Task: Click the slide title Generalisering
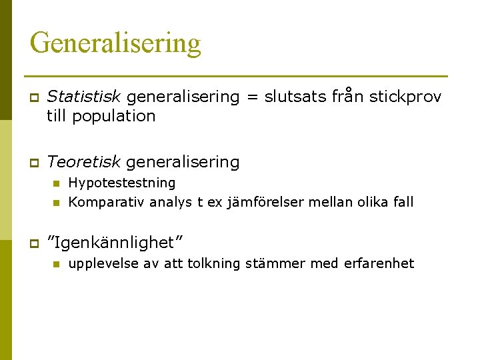point(115,43)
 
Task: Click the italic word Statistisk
point(85,97)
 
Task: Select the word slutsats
point(297,97)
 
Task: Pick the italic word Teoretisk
point(84,161)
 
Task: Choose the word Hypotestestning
point(122,183)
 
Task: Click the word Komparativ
point(106,202)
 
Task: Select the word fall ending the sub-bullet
point(403,202)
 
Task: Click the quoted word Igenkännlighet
point(116,239)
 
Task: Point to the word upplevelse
point(102,263)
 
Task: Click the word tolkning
point(214,263)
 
